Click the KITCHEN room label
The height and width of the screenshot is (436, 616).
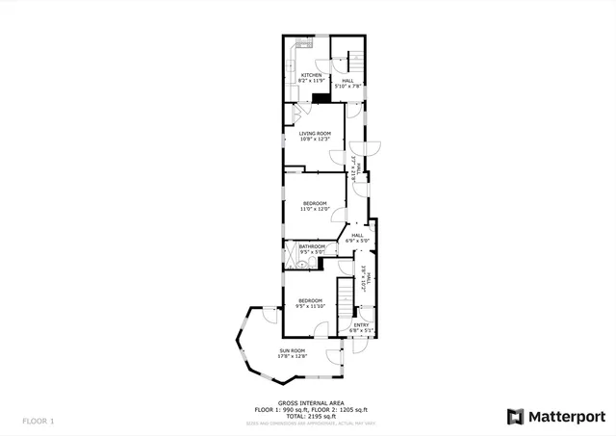(310, 75)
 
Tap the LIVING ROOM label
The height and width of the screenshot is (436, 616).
(315, 133)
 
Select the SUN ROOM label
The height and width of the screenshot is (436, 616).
(293, 350)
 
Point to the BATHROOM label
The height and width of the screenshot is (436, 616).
(312, 246)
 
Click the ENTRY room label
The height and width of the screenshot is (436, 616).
(361, 324)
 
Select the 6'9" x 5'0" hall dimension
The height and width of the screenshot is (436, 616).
(357, 241)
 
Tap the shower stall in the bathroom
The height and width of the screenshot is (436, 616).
(291, 255)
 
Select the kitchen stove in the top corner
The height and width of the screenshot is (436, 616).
(300, 42)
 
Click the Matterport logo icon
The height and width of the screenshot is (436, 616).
(515, 416)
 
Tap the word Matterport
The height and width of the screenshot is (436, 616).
(569, 416)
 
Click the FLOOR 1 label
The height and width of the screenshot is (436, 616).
(39, 421)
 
